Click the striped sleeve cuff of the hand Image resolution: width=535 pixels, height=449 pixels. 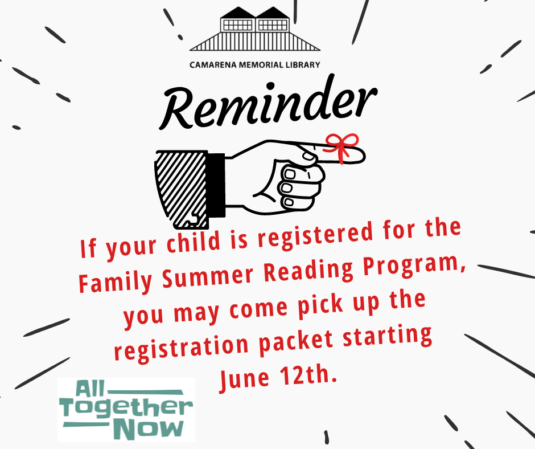(181, 190)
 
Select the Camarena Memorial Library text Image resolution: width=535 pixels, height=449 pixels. (255, 64)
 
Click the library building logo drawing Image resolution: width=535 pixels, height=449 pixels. (255, 28)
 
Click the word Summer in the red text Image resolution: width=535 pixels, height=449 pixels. (208, 276)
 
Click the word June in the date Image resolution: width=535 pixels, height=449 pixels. (244, 378)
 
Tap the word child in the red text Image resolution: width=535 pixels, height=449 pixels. (193, 242)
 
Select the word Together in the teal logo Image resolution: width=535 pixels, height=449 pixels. (126, 407)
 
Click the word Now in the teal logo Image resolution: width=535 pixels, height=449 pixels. (149, 429)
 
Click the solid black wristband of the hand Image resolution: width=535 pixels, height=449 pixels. (216, 185)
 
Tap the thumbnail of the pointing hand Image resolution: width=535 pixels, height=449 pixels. (308, 156)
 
